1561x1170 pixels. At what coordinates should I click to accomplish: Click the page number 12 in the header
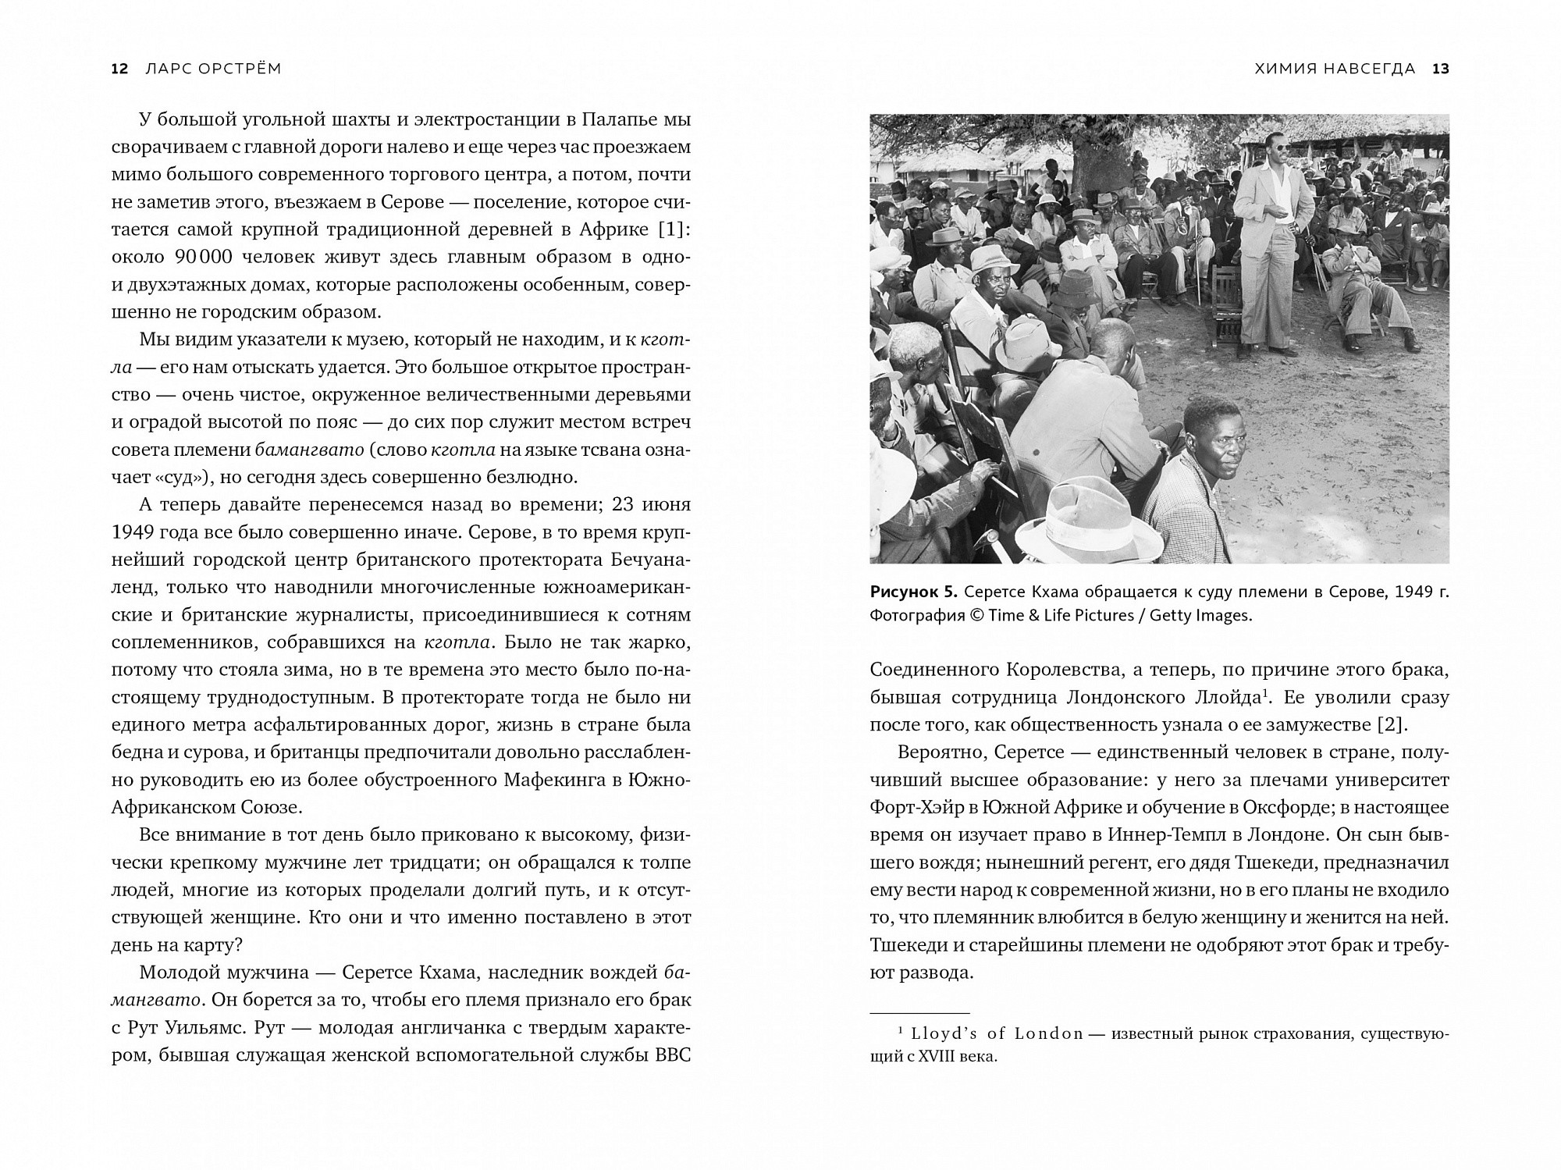(119, 69)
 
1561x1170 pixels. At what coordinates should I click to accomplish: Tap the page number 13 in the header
(1440, 69)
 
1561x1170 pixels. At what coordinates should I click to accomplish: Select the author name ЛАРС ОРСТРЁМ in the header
(213, 69)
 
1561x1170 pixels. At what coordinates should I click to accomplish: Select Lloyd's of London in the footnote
(997, 1034)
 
